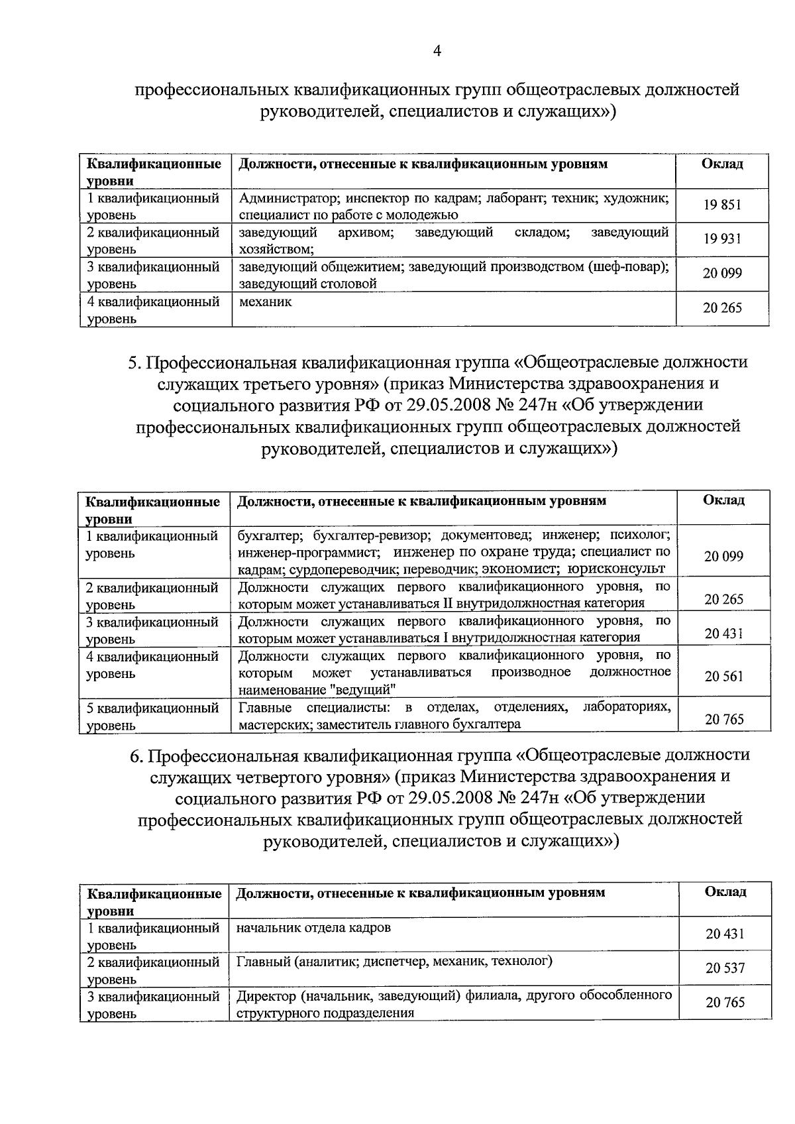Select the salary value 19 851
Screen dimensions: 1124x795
[x=722, y=205]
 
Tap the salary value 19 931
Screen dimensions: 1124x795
[x=722, y=239]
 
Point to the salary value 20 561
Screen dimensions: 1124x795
[x=724, y=677]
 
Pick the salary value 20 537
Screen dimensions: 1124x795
[x=725, y=968]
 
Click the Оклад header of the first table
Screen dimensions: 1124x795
[x=722, y=164]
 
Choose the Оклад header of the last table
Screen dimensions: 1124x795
[x=725, y=892]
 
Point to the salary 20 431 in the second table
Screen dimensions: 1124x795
[x=724, y=634]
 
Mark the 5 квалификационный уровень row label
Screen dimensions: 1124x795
[x=152, y=716]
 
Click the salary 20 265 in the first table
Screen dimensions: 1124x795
[x=722, y=308]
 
